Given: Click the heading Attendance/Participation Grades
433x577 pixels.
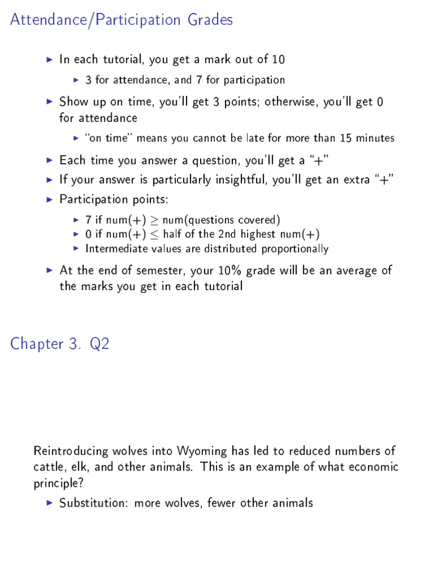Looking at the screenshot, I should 121,20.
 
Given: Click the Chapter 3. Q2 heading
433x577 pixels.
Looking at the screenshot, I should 60,344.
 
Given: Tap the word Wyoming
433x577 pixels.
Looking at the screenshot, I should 203,451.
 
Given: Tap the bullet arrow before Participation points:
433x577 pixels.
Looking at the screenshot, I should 49,199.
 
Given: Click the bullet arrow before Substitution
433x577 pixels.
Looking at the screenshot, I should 49,503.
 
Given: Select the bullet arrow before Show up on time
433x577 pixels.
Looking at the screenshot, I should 49,102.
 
